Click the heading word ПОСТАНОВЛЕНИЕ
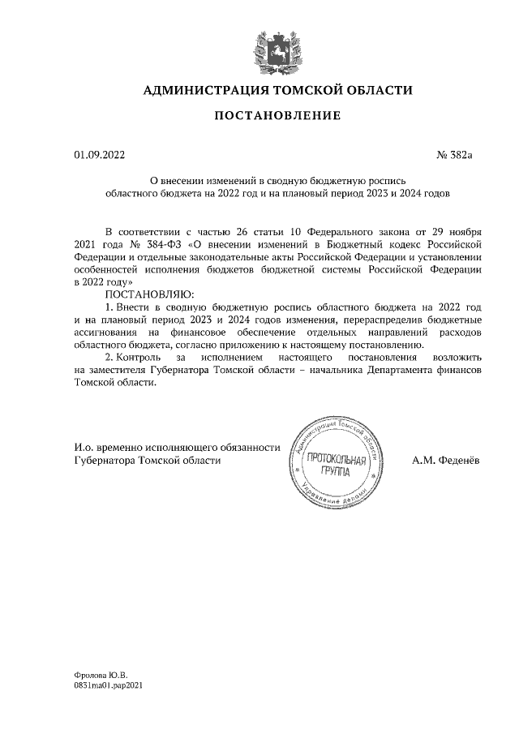[277, 116]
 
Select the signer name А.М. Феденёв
[445, 460]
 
